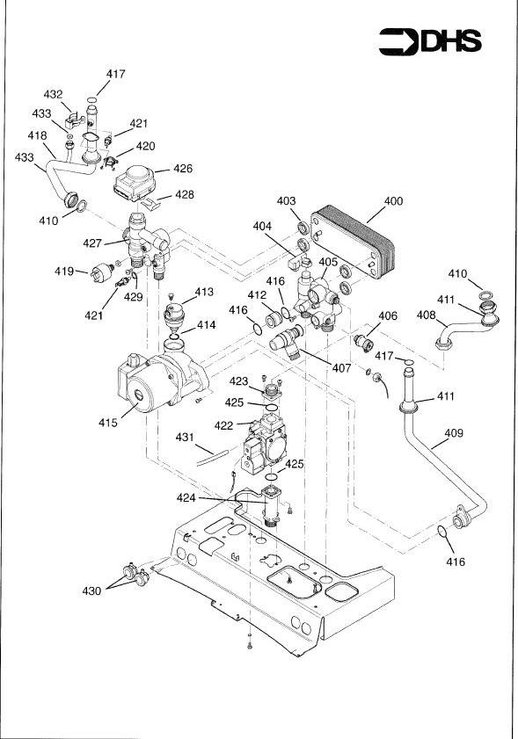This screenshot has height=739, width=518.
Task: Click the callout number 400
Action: click(x=393, y=201)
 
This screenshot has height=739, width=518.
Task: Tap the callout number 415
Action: click(x=108, y=423)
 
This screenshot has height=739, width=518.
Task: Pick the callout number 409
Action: click(x=454, y=433)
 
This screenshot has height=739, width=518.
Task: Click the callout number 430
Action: click(x=91, y=591)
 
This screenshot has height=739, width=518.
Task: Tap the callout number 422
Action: click(x=223, y=425)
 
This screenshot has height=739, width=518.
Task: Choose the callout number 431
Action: click(x=184, y=437)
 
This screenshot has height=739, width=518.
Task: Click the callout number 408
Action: click(x=426, y=314)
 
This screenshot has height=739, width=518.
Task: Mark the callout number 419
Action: click(x=64, y=272)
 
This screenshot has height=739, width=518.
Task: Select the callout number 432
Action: click(x=54, y=94)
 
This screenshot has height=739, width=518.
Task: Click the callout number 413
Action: click(x=204, y=291)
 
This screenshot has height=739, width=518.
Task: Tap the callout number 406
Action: click(x=388, y=315)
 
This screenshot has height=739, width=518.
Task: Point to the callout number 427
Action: click(x=92, y=243)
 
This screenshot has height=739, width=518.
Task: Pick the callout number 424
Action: click(x=211, y=498)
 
